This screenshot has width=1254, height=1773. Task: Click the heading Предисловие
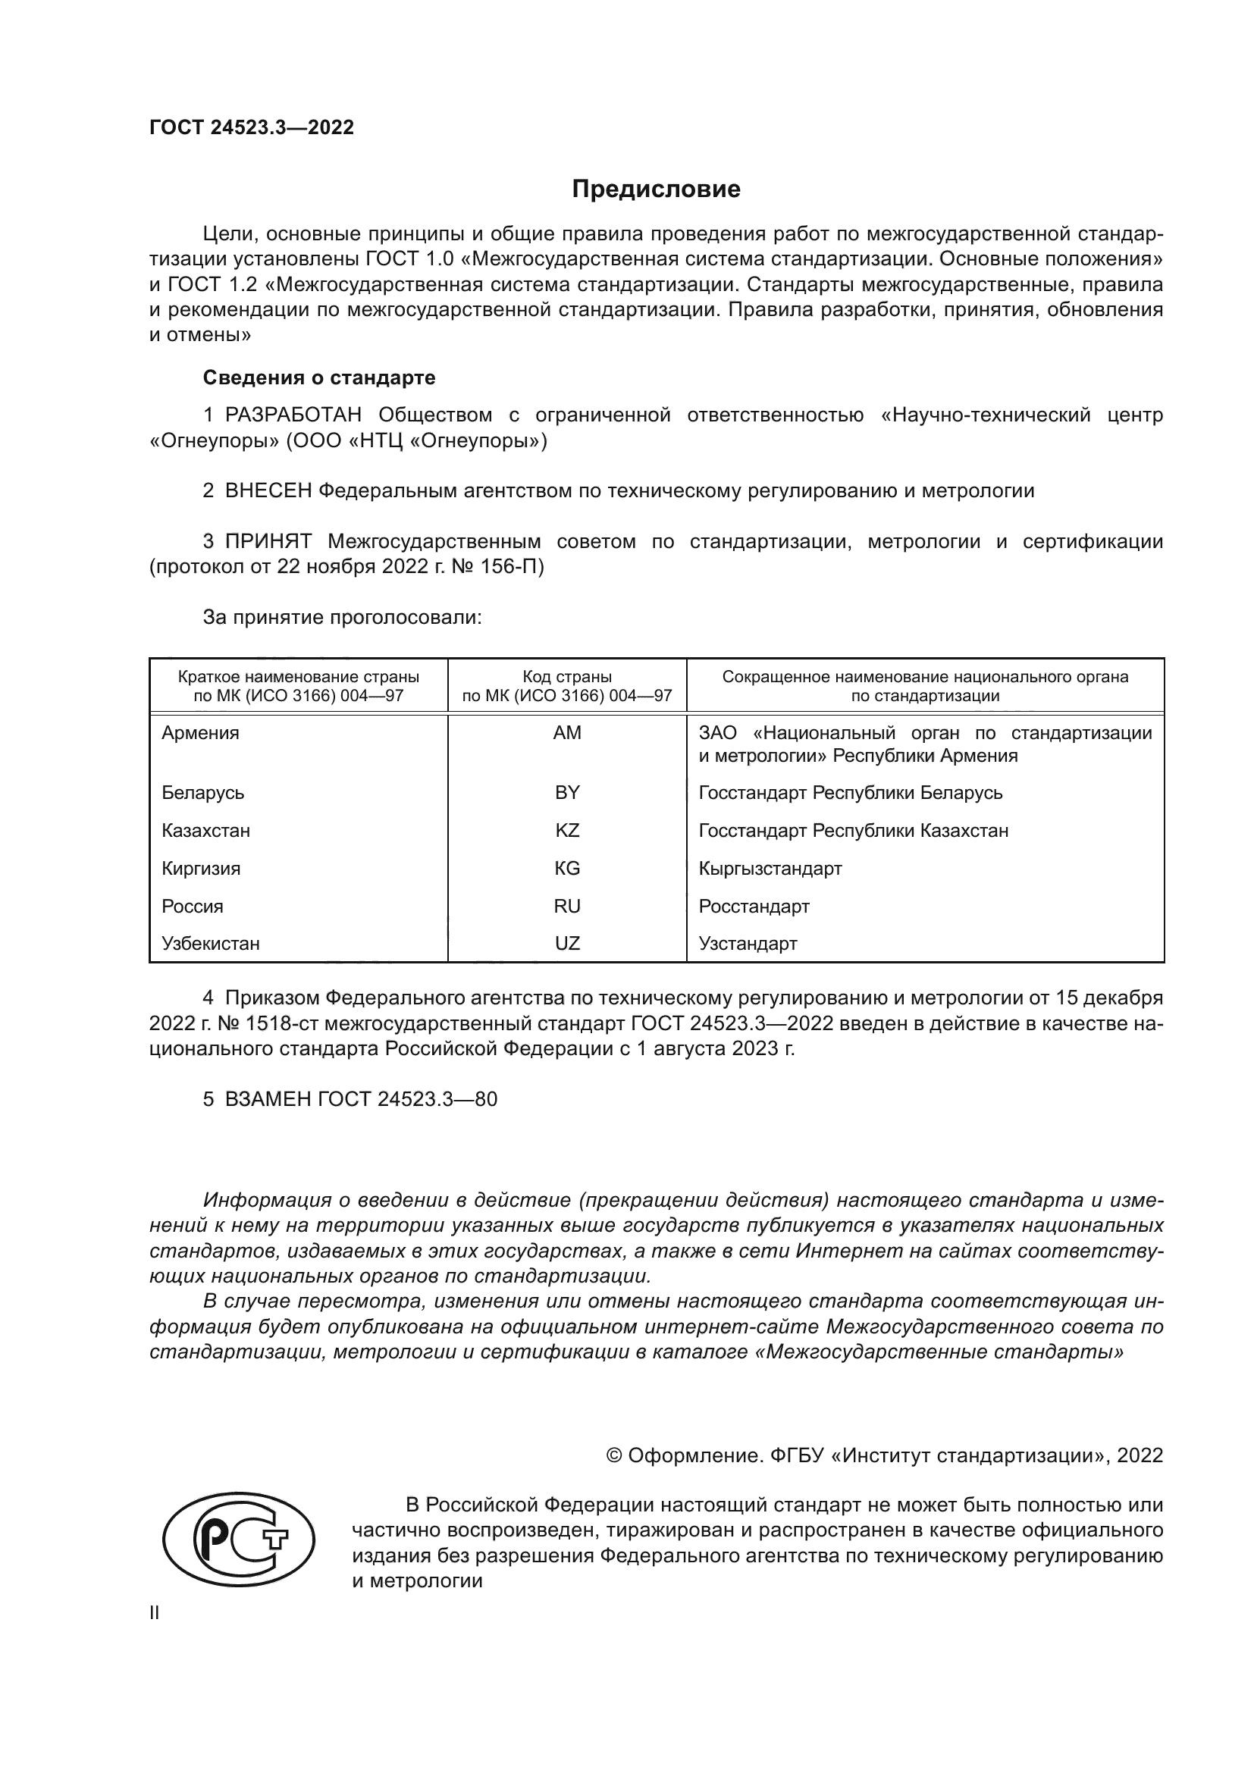point(656,190)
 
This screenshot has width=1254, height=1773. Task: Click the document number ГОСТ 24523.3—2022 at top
point(252,128)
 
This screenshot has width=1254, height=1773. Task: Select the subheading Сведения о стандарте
point(319,377)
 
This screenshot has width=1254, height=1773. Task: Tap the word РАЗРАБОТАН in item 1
point(293,415)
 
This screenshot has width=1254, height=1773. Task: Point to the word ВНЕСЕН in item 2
point(268,490)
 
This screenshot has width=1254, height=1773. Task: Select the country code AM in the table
point(567,733)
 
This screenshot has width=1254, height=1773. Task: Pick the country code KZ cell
point(567,831)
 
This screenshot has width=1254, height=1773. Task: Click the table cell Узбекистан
point(211,944)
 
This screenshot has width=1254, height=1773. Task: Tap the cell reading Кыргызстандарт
point(770,869)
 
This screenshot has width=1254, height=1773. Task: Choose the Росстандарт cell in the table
point(754,907)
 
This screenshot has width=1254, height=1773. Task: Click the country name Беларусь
point(203,793)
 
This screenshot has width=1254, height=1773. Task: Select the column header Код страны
point(567,677)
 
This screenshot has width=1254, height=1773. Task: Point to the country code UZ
point(567,944)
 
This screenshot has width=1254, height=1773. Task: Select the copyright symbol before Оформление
point(615,1455)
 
